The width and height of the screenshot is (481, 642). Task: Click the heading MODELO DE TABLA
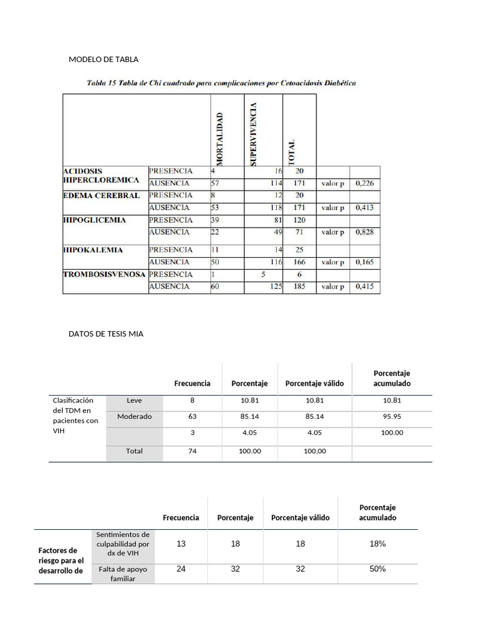tap(103, 60)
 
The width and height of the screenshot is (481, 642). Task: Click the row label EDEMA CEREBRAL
tap(101, 196)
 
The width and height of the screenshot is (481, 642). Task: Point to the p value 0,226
tap(365, 184)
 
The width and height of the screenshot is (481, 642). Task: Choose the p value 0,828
tap(365, 232)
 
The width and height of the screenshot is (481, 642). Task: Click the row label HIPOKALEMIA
tap(93, 250)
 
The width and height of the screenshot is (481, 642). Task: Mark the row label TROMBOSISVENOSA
tap(105, 275)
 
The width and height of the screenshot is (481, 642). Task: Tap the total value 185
tap(299, 287)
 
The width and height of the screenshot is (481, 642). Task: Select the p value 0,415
tap(365, 287)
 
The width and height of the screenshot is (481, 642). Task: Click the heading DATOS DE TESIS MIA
tap(106, 334)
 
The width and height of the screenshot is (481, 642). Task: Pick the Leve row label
tap(134, 400)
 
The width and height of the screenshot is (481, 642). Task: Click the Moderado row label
tap(134, 416)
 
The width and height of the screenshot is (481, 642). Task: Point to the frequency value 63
tap(192, 416)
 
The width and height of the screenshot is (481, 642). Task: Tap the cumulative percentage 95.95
tap(392, 416)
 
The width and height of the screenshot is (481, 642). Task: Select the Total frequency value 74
tap(192, 451)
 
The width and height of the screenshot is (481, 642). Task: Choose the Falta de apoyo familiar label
tap(123, 574)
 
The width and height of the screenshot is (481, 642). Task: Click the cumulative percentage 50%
tap(377, 569)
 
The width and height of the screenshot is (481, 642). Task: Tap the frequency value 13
tap(181, 544)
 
